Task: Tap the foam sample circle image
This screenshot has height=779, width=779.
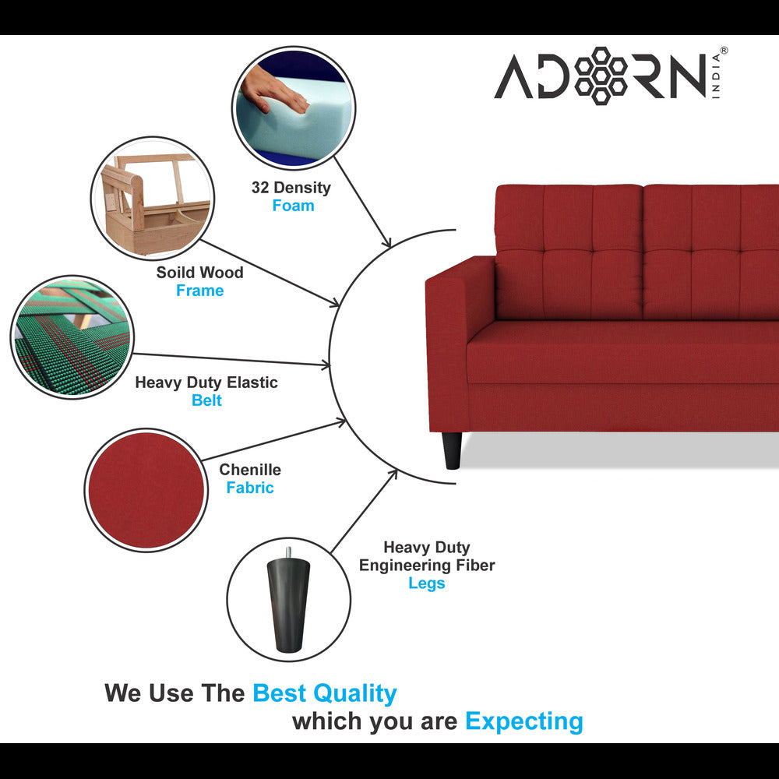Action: pyautogui.click(x=293, y=107)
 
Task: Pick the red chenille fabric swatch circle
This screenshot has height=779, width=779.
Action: pyautogui.click(x=146, y=490)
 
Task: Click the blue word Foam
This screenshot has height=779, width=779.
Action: pyautogui.click(x=293, y=206)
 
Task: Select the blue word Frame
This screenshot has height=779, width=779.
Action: pyautogui.click(x=199, y=291)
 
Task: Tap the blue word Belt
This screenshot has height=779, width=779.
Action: pyautogui.click(x=206, y=400)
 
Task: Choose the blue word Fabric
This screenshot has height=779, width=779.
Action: pyautogui.click(x=250, y=488)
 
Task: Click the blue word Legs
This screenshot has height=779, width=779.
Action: pyautogui.click(x=426, y=583)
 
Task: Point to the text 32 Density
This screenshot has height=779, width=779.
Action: pyautogui.click(x=291, y=188)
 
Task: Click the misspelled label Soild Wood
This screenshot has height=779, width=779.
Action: pyautogui.click(x=199, y=273)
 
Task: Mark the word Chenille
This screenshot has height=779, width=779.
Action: pyautogui.click(x=250, y=470)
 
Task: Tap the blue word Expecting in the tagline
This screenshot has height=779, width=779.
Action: pyautogui.click(x=523, y=721)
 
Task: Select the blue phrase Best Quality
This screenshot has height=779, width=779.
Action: pyautogui.click(x=324, y=693)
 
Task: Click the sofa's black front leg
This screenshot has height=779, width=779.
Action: pyautogui.click(x=452, y=450)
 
